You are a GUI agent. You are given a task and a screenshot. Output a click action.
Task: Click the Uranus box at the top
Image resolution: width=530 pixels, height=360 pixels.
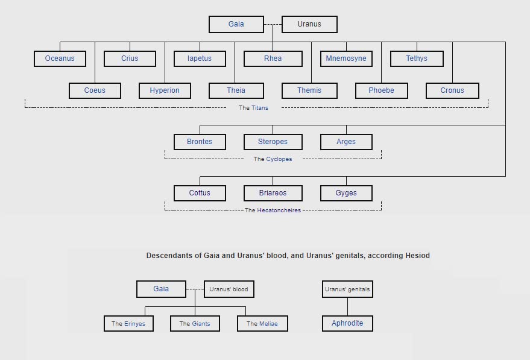309,24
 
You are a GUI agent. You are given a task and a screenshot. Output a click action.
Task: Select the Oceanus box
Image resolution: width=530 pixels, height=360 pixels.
60,58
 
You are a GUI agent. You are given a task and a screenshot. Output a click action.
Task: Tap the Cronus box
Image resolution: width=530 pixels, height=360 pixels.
452,90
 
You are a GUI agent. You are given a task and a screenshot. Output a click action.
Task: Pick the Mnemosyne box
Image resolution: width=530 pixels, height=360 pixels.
346,58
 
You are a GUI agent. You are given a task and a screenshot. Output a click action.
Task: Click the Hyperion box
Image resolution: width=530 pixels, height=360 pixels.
165,90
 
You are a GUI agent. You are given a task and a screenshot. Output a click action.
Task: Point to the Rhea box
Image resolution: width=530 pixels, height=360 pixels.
273,58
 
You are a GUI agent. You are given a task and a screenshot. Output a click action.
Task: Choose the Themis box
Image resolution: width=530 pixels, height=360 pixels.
309,90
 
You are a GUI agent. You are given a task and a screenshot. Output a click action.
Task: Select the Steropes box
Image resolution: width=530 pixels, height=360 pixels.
273,142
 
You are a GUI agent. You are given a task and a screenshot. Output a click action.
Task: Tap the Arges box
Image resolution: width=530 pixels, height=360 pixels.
346,142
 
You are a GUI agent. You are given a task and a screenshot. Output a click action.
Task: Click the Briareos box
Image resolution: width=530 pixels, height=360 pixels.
273,193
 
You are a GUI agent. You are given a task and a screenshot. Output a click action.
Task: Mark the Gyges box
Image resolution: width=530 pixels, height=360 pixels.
346,193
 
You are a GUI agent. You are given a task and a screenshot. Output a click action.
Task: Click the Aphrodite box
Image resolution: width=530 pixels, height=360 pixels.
347,323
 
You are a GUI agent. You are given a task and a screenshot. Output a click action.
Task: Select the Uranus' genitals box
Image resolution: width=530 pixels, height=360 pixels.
347,289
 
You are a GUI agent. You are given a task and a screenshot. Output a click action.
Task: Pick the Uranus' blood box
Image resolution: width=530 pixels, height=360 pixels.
229,289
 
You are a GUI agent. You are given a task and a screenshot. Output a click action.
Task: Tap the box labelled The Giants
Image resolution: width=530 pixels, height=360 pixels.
195,324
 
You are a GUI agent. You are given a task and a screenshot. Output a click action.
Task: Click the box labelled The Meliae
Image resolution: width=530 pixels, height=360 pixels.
262,324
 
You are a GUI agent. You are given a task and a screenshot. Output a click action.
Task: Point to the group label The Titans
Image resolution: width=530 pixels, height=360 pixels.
253,108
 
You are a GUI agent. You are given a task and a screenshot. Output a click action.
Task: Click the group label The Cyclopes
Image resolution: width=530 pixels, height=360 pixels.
273,159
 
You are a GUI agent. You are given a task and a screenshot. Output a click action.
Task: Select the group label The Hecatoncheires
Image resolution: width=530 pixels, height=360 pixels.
273,210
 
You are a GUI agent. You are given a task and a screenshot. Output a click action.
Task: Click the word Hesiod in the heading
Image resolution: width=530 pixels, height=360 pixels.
417,256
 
